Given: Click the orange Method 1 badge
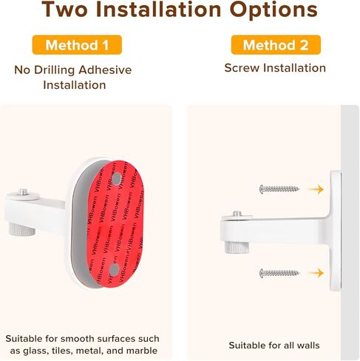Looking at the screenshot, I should [x=77, y=45].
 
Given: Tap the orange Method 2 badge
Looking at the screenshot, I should [x=276, y=45].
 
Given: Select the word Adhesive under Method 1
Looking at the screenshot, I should [x=104, y=70].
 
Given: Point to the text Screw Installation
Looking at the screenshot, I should [x=275, y=68].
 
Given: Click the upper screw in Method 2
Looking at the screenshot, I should [x=279, y=189].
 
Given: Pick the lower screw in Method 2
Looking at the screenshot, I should [x=279, y=273].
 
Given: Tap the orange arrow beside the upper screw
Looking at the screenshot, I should [x=316, y=189].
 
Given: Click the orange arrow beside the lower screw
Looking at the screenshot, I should [x=316, y=273].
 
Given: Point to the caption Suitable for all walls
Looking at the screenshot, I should [x=274, y=345].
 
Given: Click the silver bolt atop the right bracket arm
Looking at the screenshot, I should [x=237, y=215].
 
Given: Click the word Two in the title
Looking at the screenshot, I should [x=69, y=11].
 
